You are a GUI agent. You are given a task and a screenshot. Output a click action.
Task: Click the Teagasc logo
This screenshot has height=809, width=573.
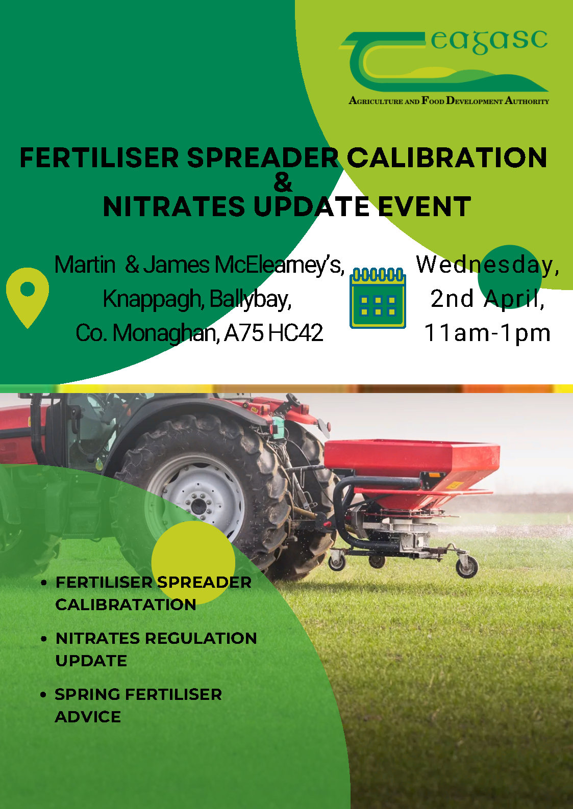(x=444, y=67)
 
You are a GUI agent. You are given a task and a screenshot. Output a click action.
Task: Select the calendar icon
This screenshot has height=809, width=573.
(x=378, y=298)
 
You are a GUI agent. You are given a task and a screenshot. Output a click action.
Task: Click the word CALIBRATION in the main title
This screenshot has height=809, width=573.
(x=447, y=158)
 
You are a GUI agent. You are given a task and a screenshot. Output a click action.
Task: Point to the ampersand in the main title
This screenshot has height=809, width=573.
(x=283, y=182)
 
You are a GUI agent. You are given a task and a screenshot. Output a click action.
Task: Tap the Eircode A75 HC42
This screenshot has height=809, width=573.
(x=273, y=333)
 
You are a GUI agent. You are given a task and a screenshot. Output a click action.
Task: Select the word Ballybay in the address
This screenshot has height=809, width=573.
(x=250, y=299)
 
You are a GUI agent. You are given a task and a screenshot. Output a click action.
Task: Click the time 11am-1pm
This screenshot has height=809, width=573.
(x=487, y=333)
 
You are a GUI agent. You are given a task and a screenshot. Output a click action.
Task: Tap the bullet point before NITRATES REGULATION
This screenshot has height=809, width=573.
(x=44, y=639)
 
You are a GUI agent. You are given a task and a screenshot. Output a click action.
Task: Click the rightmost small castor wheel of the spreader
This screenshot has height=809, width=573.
(x=467, y=567)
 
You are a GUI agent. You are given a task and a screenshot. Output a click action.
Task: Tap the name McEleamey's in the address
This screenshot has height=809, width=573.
(x=280, y=265)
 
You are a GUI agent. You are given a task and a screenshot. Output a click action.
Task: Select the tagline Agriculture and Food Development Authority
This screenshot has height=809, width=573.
(x=449, y=100)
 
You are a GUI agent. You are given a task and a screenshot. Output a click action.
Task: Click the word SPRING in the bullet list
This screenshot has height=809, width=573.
(x=87, y=695)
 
